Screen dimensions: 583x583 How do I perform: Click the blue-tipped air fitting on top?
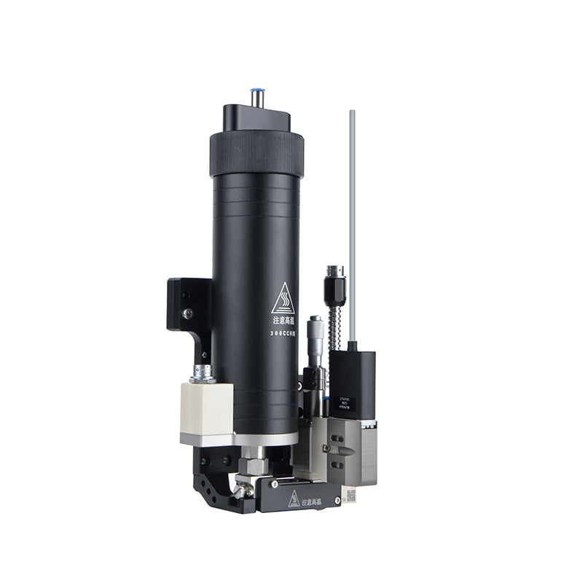pyautogui.click(x=257, y=96)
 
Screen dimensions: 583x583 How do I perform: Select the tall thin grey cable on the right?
pyautogui.click(x=352, y=219)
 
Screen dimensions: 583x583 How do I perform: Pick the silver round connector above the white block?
pyautogui.click(x=203, y=373)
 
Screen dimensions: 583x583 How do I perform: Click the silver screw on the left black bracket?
pyautogui.click(x=188, y=313)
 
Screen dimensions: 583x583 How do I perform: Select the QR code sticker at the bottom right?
pyautogui.click(x=350, y=496)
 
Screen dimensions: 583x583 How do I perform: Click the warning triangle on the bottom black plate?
pyautogui.click(x=294, y=499)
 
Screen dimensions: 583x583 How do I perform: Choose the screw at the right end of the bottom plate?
pyautogui.click(x=336, y=501)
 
